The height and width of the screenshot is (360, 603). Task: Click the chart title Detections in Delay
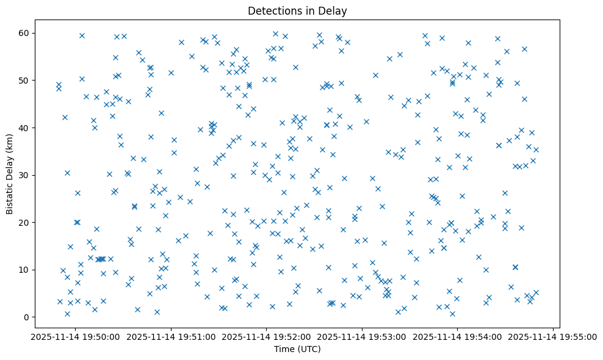tap(297, 11)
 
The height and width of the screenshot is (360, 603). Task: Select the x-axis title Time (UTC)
tap(297, 349)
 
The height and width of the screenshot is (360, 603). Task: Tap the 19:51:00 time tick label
tap(171, 336)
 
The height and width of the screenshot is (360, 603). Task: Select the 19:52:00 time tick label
tap(266, 336)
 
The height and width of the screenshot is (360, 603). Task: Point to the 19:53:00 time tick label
tap(362, 336)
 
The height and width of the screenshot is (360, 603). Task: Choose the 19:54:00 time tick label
tap(458, 336)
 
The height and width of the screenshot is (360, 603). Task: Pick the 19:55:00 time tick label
tap(553, 336)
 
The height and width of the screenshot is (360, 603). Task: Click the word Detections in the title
tap(272, 11)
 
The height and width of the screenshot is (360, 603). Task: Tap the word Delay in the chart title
tap(335, 11)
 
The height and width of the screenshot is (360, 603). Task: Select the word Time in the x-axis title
tap(285, 349)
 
